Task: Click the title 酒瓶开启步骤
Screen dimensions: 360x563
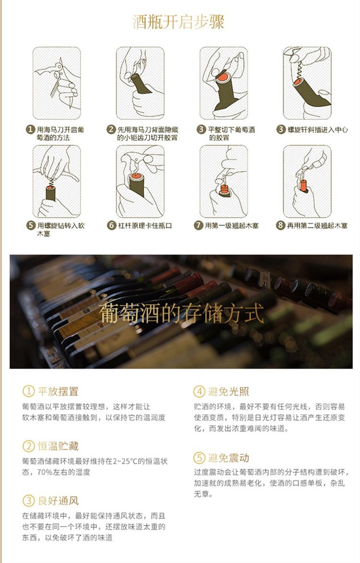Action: coord(179,22)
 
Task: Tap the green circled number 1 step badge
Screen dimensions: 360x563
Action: coord(31,130)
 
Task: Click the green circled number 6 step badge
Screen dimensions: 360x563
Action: coord(112,225)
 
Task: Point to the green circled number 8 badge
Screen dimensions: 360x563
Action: coord(280,225)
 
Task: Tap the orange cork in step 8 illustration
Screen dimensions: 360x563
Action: coord(304,185)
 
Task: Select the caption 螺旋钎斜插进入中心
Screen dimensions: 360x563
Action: coord(318,130)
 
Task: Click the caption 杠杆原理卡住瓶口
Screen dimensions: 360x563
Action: coord(145,225)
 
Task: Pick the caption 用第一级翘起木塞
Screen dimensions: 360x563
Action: coord(231,225)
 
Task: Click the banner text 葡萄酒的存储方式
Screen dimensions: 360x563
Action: coord(181,313)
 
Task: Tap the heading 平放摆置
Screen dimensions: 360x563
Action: coord(58,392)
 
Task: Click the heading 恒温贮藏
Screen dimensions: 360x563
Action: coord(58,446)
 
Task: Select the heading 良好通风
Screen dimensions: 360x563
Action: coord(58,501)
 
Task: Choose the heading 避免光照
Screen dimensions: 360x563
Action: coord(228,392)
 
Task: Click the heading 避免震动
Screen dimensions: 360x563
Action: coord(228,458)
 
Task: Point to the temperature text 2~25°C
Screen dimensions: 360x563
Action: coord(124,461)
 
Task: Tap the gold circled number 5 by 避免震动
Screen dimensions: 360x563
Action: coord(199,458)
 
